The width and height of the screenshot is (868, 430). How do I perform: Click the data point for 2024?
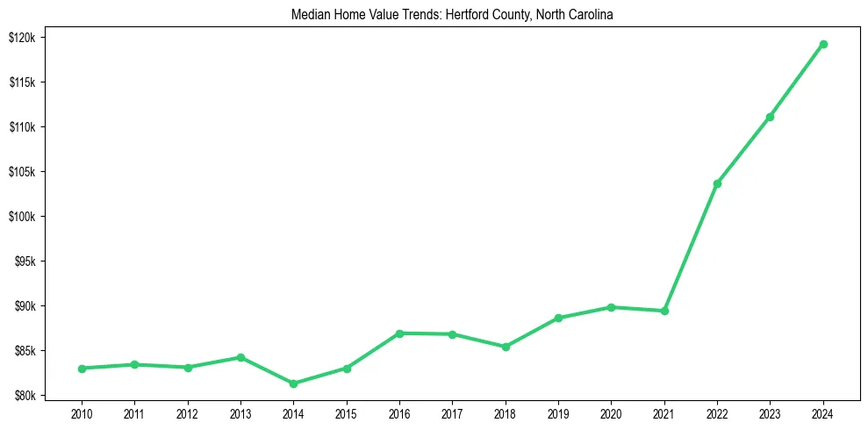click(x=823, y=44)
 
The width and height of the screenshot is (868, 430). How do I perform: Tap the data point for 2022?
click(x=717, y=183)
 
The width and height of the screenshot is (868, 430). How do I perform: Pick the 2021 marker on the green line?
click(x=664, y=311)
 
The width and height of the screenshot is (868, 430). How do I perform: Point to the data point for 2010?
click(x=82, y=369)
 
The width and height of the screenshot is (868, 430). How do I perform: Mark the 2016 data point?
click(x=399, y=333)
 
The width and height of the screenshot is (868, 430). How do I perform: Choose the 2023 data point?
click(x=770, y=117)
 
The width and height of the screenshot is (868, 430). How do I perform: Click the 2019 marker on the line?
click(x=558, y=318)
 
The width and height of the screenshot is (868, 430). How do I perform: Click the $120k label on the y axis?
click(x=21, y=38)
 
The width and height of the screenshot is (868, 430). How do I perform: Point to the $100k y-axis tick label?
click(x=21, y=217)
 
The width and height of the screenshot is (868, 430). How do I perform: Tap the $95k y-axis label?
click(x=23, y=262)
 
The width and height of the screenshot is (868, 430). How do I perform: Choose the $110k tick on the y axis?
click(x=21, y=127)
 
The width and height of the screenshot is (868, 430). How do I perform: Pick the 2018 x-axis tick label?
click(x=506, y=412)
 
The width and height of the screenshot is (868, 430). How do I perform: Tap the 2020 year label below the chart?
click(x=611, y=412)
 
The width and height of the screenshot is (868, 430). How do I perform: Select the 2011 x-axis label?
click(x=134, y=412)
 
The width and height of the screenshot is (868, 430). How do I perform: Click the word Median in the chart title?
click(x=309, y=14)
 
